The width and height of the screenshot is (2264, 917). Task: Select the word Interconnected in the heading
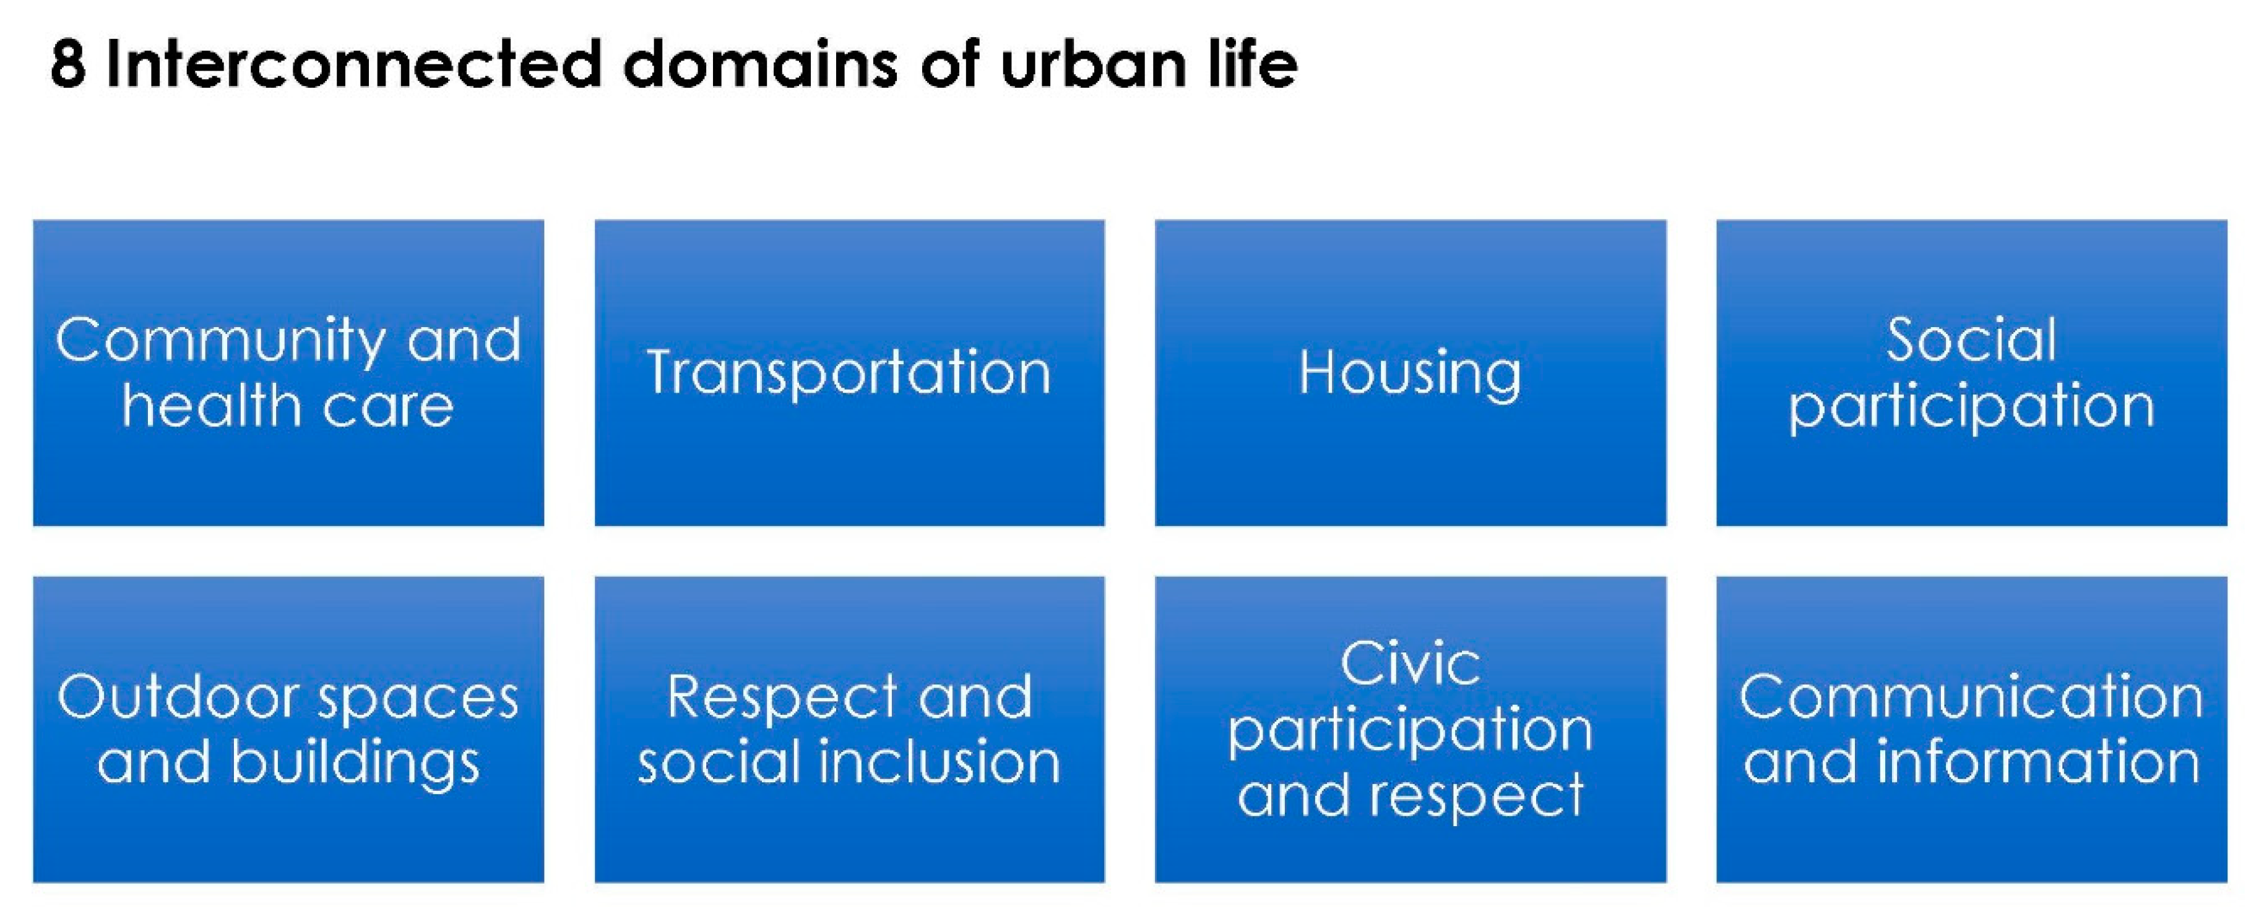point(353,64)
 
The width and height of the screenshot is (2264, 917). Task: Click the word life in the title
point(1253,64)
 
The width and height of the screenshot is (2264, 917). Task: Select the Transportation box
point(849,372)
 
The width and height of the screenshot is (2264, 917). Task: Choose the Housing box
point(1410,372)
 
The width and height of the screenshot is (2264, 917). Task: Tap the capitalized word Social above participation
point(1971,340)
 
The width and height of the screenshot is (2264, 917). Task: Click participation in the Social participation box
point(1971,407)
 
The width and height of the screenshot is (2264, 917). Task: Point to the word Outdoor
point(178,697)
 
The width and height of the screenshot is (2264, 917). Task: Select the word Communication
point(1971,697)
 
